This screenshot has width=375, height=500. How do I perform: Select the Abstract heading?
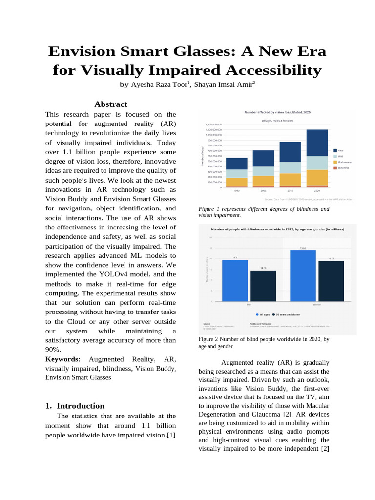(110, 104)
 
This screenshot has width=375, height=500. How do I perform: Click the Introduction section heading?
(81, 406)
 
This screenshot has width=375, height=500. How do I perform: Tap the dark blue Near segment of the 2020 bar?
(316, 143)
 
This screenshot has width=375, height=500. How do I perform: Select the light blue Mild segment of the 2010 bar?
(290, 167)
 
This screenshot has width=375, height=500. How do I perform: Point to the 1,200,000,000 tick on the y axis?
(213, 125)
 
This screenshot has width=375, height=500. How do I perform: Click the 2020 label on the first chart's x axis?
(317, 191)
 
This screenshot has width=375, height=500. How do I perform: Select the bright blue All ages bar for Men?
(235, 280)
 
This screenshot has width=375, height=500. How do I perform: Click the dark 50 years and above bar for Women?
(331, 281)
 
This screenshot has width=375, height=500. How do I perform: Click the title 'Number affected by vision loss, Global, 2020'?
(277, 112)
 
